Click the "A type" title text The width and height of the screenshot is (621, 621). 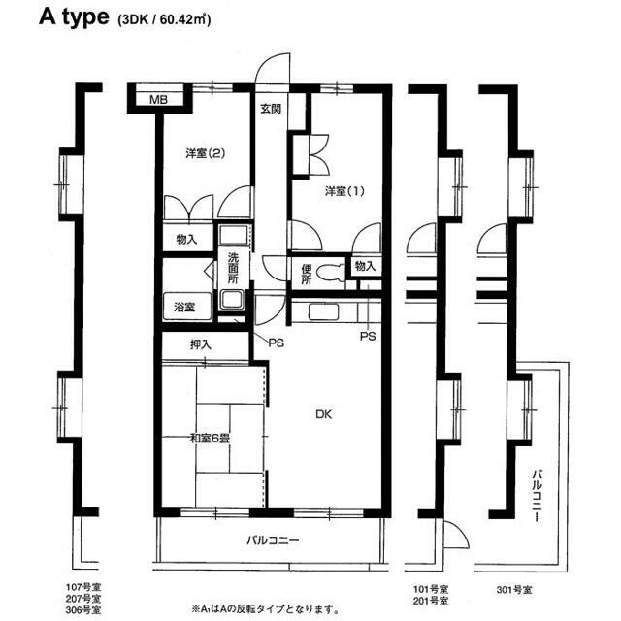point(74,17)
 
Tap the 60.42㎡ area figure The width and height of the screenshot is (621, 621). point(184,19)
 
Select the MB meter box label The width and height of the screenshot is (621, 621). point(158,100)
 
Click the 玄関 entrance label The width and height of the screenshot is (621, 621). point(271,109)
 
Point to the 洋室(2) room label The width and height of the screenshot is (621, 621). point(205,153)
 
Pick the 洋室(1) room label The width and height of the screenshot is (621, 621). point(344,192)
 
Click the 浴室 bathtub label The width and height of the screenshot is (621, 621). point(184,307)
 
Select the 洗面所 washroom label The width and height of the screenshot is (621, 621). point(233,268)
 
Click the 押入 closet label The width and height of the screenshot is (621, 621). point(201,345)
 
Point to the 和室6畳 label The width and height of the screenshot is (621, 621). point(210,439)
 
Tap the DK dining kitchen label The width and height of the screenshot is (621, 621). point(323,414)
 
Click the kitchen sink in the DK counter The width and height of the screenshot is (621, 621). point(323,311)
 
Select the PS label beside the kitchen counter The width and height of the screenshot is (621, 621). point(368,337)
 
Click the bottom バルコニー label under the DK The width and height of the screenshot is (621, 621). point(273,540)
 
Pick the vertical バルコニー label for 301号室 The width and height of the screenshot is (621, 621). point(538,495)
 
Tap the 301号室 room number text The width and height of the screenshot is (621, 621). point(514,590)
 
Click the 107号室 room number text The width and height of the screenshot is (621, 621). point(83,586)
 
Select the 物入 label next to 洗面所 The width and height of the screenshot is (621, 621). point(186,240)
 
